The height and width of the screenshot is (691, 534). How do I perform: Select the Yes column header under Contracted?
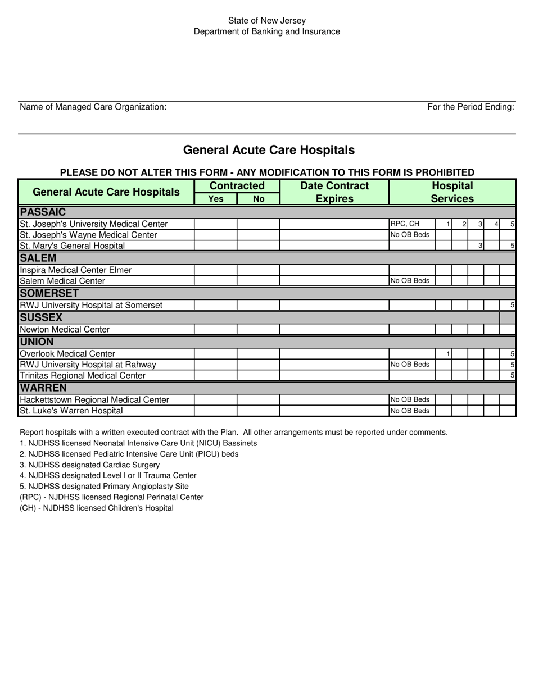tap(216, 199)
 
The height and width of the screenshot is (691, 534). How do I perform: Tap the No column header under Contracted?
tap(259, 199)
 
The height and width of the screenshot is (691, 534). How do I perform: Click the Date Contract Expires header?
tap(334, 192)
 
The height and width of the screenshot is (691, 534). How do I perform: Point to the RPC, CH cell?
tap(405, 224)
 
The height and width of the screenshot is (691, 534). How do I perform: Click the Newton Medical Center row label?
tap(65, 330)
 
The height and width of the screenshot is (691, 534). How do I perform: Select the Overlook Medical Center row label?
tap(67, 354)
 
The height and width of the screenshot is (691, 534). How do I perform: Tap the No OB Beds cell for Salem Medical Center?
tap(410, 281)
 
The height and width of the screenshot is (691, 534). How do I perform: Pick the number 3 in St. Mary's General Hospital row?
tap(480, 246)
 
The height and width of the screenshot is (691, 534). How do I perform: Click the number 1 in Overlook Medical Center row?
tap(447, 354)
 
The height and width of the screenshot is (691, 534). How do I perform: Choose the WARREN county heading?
tap(43, 388)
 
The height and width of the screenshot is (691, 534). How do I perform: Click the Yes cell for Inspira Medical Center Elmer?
tap(216, 270)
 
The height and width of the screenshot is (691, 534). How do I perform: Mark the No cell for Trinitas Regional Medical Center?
tap(259, 375)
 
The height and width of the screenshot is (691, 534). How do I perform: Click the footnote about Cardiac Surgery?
tap(89, 465)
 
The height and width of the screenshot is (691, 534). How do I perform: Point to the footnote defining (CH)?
tap(97, 508)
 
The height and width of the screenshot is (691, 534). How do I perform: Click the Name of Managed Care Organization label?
tap(93, 107)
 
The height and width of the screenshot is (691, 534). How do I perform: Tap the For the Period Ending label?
tap(470, 107)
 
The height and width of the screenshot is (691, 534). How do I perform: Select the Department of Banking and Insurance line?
tap(266, 31)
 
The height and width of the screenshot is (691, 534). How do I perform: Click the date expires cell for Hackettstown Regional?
tap(334, 400)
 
